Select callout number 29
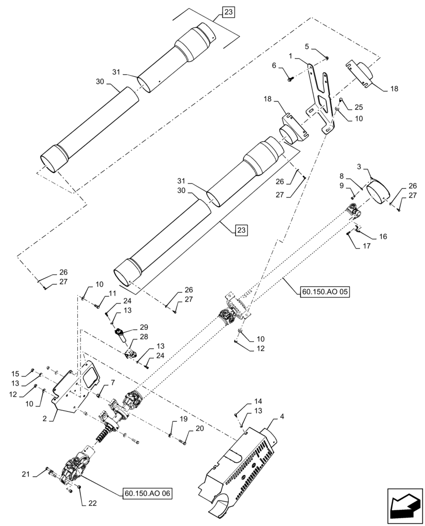(129, 327)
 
